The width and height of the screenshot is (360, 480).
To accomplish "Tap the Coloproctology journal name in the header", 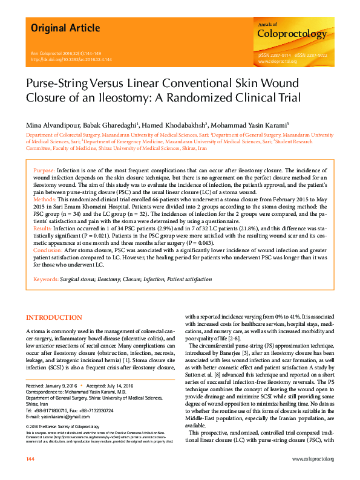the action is pos(292,34).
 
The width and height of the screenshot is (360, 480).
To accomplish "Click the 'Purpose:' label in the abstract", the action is pos(44,171).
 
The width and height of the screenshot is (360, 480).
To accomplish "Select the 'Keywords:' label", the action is pos(45,279).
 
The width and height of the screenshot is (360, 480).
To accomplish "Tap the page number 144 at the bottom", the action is pos(30,460).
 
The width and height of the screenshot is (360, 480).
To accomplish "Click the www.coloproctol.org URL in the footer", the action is pos(313,460).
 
